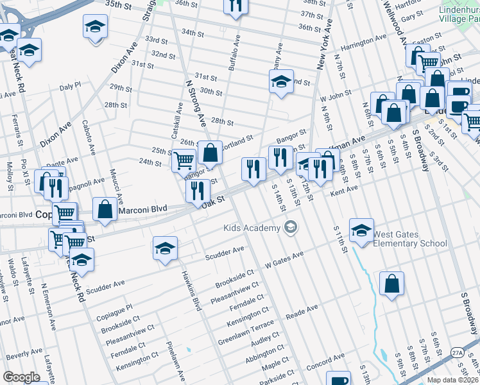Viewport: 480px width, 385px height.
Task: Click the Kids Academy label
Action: (252, 228)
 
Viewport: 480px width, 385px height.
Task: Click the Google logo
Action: (21, 377)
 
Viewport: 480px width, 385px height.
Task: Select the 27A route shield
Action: (456, 352)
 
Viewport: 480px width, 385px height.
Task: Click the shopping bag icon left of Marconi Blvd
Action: (105, 209)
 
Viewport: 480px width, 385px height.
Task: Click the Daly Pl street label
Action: (69, 85)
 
